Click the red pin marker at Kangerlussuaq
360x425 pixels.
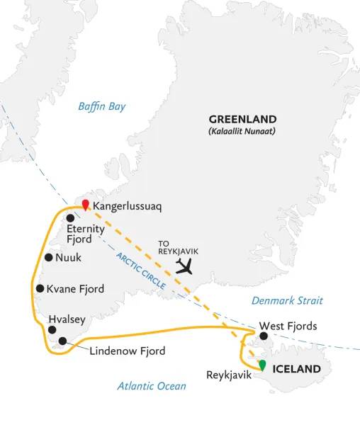(85, 205)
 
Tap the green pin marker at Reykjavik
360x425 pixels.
(262, 365)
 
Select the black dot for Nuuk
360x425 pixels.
(48, 258)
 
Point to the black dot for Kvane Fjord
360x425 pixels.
(40, 288)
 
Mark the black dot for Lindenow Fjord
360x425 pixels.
(63, 341)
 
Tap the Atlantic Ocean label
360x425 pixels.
(152, 385)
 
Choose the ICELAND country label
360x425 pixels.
(297, 370)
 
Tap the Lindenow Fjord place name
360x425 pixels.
(127, 351)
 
